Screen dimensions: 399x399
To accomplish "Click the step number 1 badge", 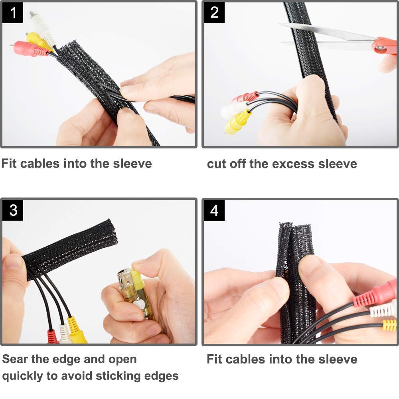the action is click(x=13, y=13).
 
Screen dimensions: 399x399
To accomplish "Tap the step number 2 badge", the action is click(x=214, y=12).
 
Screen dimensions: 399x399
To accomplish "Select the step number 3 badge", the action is click(x=13, y=210).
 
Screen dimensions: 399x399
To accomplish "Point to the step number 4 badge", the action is click(x=214, y=211).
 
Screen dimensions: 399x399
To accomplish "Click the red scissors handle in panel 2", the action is click(x=385, y=46).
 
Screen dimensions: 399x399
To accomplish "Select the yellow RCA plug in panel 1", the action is click(x=38, y=41).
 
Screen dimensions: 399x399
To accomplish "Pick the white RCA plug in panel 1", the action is click(x=42, y=28).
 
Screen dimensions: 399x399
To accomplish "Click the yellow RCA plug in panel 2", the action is click(x=237, y=122).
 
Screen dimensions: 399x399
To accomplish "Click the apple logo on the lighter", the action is click(x=139, y=304).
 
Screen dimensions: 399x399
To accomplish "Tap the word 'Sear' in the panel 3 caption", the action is click(x=15, y=359).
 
